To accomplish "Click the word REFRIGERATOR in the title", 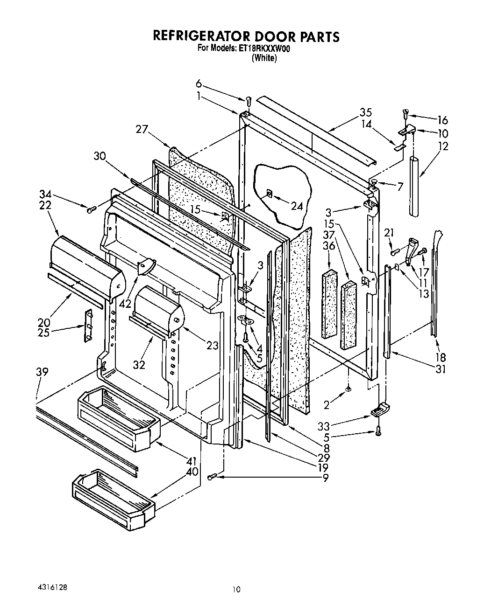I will pyautogui.click(x=201, y=36).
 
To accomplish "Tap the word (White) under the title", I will pyautogui.click(x=264, y=58).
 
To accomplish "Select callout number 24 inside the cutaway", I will pyautogui.click(x=297, y=206).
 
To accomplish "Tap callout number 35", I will pyautogui.click(x=366, y=112).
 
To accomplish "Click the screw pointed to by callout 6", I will pyautogui.click(x=249, y=100).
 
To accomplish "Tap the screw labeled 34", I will pyautogui.click(x=91, y=208).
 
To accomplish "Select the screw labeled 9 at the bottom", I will pyautogui.click(x=213, y=476).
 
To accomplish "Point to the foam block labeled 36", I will pyautogui.click(x=329, y=303).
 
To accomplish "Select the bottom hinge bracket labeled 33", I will pyautogui.click(x=379, y=410).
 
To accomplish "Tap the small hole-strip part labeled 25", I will pyautogui.click(x=87, y=326).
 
